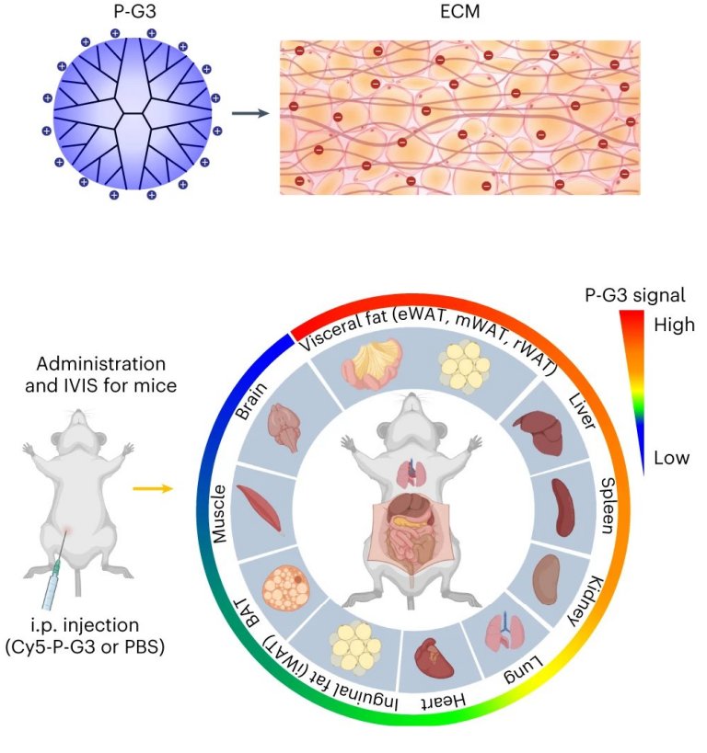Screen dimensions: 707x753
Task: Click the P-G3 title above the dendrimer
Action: [x=134, y=11]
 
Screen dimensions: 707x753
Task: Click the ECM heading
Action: [x=459, y=12]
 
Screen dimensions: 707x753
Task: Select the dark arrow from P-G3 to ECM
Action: [x=250, y=113]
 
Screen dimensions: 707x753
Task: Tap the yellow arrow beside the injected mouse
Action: [x=153, y=489]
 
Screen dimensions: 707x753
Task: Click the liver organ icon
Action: [x=539, y=432]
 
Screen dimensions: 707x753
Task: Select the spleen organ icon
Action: [x=562, y=508]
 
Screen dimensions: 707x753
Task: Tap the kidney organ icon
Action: [x=547, y=579]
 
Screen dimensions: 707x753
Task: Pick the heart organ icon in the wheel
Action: [x=434, y=659]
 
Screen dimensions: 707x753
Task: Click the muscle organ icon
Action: [x=260, y=508]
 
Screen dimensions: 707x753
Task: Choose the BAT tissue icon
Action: [x=285, y=588]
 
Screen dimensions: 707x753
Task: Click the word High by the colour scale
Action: [x=674, y=325]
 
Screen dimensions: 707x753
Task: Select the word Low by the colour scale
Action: [x=671, y=458]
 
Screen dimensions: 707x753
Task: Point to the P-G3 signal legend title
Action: [x=635, y=295]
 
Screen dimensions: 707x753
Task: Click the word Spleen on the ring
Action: [x=608, y=506]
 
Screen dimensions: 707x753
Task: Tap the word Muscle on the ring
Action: [x=219, y=514]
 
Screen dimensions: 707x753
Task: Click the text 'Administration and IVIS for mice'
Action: [x=101, y=374]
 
